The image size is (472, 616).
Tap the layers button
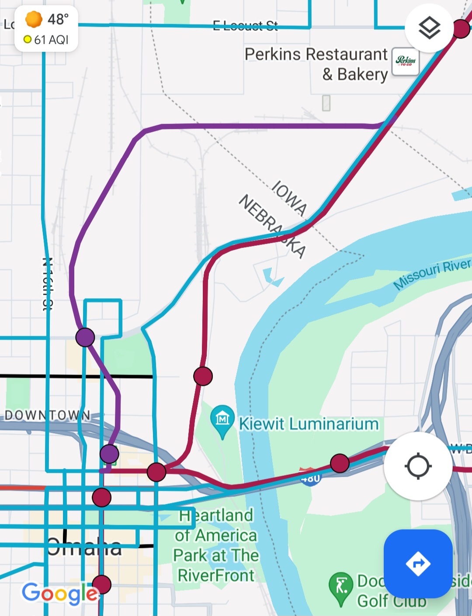429,28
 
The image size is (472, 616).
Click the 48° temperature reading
58,20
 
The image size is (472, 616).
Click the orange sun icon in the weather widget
34,20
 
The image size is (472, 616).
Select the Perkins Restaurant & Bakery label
316,64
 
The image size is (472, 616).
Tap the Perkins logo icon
406,62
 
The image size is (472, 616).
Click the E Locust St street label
245,26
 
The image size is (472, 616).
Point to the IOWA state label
289,198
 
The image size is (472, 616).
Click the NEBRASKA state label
272,226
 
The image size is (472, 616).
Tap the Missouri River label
432,274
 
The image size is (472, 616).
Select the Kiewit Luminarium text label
309,424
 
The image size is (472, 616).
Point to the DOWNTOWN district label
48,415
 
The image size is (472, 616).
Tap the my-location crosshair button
418,466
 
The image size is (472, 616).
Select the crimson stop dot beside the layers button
461,29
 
